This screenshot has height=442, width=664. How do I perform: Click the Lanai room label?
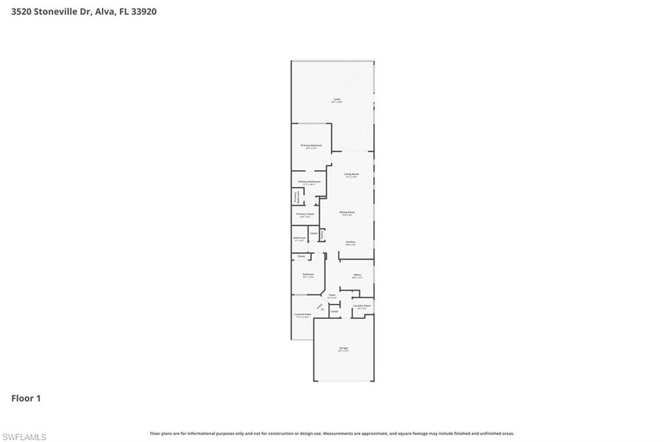336,100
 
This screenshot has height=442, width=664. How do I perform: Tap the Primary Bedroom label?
311,146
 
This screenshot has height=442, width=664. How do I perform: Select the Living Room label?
351,174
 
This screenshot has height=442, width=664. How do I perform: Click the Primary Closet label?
305,214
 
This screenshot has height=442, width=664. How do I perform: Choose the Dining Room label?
347,212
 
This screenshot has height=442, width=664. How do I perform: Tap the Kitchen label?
350,242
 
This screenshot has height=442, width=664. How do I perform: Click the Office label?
357,275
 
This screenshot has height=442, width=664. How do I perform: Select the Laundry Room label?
362,306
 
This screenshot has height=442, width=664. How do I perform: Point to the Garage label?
343,349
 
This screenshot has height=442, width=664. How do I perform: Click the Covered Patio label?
303,315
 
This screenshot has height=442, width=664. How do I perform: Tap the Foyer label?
332,295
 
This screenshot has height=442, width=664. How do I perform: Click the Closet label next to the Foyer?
335,312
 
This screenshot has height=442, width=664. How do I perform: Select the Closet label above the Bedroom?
301,257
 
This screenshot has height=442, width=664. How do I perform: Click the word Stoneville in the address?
56,11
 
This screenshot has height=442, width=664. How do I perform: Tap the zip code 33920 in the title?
144,11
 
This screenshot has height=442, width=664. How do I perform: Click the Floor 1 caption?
26,399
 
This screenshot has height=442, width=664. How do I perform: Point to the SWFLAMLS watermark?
24,437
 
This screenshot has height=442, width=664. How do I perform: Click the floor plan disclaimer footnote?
332,434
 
